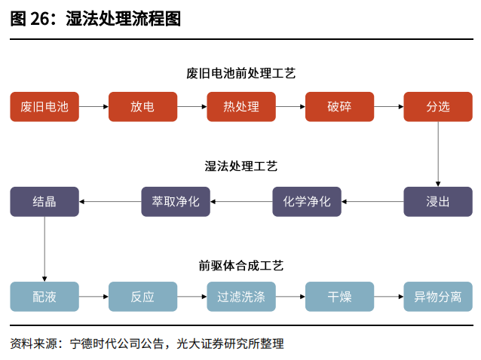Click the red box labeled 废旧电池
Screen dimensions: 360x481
44,106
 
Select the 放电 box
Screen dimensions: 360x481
142,106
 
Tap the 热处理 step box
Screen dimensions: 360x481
241,106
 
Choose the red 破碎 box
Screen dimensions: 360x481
339,106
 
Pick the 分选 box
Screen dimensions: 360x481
438,106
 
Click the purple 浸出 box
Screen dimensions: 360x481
438,201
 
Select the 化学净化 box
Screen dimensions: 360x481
307,201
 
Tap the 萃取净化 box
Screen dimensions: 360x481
176,201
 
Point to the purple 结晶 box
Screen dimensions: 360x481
44,201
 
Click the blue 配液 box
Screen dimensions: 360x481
44,297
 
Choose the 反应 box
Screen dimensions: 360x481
142,297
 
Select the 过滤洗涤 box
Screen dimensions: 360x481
241,297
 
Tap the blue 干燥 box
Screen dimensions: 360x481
339,297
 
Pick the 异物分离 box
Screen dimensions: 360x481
438,297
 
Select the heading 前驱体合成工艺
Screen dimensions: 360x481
240,265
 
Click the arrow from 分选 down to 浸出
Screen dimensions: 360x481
438,154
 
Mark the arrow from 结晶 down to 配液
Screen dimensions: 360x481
44,249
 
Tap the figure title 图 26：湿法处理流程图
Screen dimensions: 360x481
95,19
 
